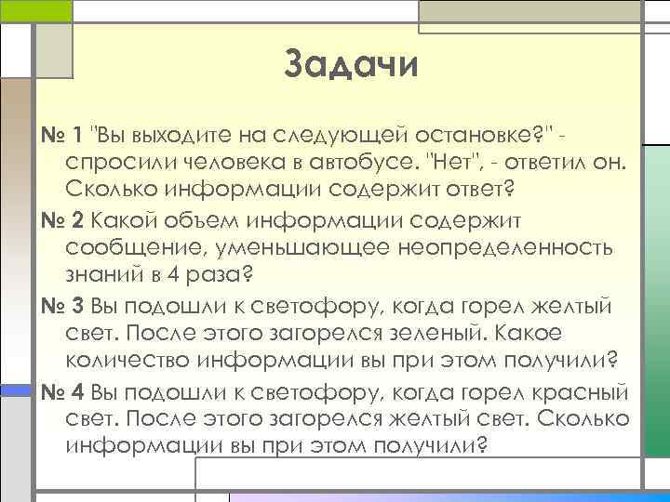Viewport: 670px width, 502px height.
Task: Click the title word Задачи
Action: click(x=351, y=66)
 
